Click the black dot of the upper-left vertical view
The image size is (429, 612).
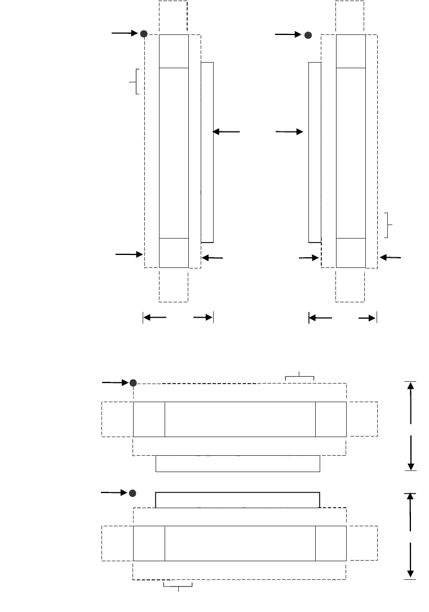[144, 34]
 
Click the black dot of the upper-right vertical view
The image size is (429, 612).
[308, 35]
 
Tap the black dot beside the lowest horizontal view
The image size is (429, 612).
[132, 493]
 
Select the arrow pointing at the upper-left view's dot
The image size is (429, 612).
[125, 33]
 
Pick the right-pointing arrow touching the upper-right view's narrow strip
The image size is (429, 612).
[289, 132]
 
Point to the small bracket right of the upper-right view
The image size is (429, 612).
[388, 224]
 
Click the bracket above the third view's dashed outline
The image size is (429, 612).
[299, 376]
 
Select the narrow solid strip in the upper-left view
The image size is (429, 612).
[207, 152]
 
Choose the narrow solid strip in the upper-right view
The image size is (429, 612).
[315, 152]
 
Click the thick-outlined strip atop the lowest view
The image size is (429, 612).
[237, 500]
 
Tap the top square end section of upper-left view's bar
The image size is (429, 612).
[174, 51]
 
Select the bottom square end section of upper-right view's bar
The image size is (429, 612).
[350, 253]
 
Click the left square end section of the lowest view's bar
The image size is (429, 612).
[149, 543]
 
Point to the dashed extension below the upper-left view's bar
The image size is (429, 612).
[174, 284]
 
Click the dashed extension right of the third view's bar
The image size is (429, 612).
[361, 419]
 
